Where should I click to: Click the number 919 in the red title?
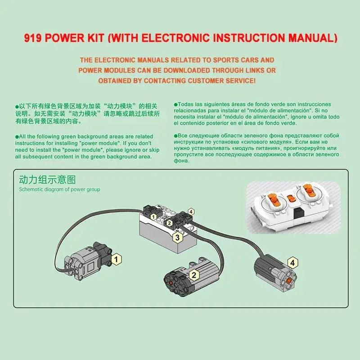[33, 38]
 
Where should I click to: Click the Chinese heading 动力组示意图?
[47, 180]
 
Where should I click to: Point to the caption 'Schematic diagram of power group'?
[59, 189]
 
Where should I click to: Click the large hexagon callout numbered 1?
[116, 259]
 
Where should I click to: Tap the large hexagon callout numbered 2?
[194, 274]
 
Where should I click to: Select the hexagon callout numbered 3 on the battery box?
[177, 237]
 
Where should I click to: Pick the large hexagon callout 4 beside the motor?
[292, 263]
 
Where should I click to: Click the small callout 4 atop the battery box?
[191, 211]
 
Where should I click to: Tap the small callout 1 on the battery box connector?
[153, 216]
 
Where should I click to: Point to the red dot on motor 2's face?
[171, 283]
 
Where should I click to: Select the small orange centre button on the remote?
[291, 198]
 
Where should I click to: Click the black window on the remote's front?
[299, 214]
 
